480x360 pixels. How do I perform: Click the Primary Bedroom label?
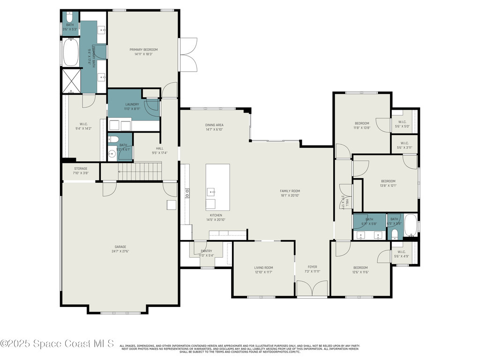tap(143, 50)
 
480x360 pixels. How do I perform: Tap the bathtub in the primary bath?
tap(71, 52)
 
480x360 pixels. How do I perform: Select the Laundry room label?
tap(132, 104)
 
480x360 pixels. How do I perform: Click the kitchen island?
tap(218, 187)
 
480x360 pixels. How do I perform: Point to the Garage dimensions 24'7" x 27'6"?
tap(120, 251)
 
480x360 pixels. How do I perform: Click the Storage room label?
tap(81, 169)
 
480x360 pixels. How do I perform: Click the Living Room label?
tap(263, 267)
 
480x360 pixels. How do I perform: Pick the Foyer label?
tap(312, 267)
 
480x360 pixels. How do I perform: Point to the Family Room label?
tap(290, 191)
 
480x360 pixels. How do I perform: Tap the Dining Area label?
tap(214, 125)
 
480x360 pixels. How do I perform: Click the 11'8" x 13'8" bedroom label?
tap(362, 123)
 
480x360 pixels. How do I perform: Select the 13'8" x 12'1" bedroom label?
tap(388, 181)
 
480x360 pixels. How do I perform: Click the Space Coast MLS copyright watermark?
tap(57, 344)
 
